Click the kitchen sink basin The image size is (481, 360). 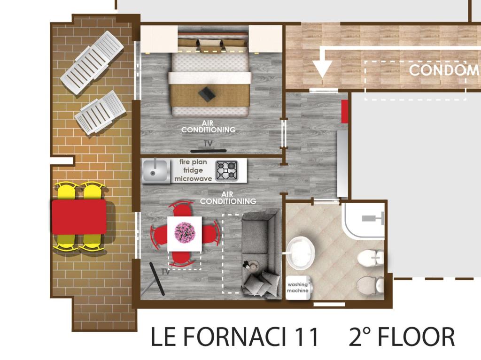[x=155, y=171]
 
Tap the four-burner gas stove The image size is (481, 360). [x=227, y=170]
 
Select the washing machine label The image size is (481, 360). [x=297, y=288]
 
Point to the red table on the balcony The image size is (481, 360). [x=79, y=217]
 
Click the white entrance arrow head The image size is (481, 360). [x=322, y=69]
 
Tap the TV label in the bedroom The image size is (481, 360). [x=208, y=144]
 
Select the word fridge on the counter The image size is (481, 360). [x=193, y=170]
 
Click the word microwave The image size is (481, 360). [x=193, y=178]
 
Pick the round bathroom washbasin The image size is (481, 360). [x=301, y=253]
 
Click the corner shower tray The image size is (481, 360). [x=363, y=220]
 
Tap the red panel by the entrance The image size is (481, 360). [x=344, y=111]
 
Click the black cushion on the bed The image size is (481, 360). [x=207, y=93]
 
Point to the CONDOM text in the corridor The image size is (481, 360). [x=444, y=70]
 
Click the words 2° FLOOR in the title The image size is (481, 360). [x=402, y=337]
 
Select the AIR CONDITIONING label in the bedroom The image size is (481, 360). [x=208, y=127]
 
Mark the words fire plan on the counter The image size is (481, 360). [x=193, y=162]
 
